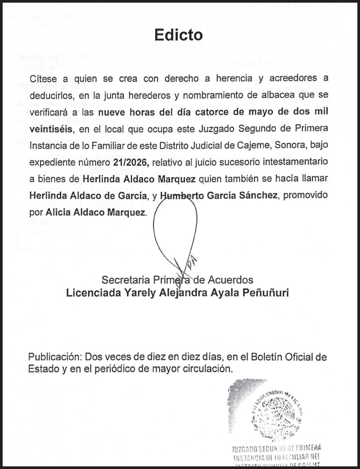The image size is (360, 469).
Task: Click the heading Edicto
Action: [179, 35]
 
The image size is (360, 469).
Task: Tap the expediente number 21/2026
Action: [129, 163]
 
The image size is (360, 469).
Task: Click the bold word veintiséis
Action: [51, 129]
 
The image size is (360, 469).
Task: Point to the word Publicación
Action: [55, 357]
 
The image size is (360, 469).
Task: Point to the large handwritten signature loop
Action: [175, 227]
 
